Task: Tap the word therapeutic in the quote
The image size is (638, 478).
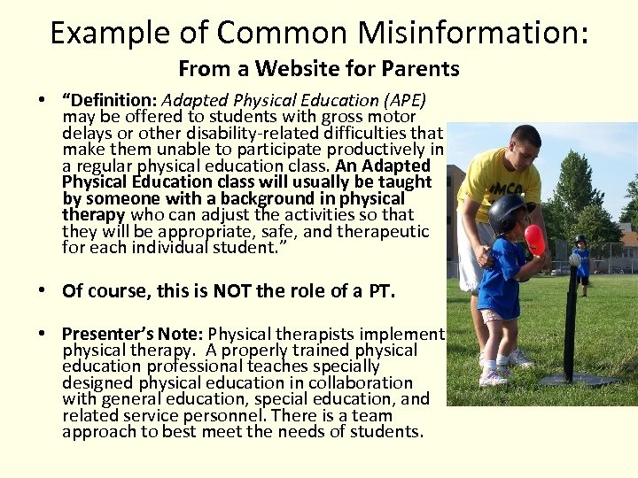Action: point(382,231)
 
